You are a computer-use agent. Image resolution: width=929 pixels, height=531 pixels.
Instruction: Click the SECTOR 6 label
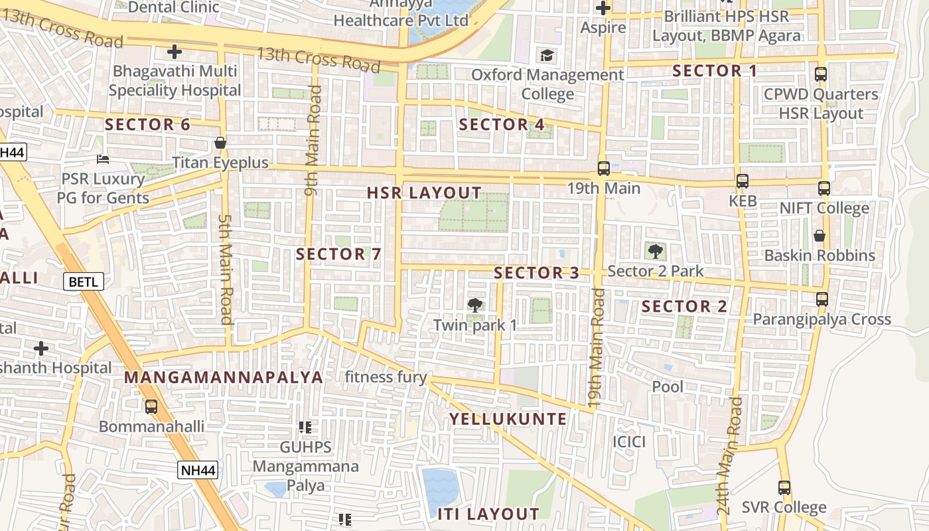(147, 124)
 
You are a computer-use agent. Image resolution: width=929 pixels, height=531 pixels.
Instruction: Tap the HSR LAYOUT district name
(425, 193)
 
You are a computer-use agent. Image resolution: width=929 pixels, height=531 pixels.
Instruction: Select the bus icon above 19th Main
(603, 169)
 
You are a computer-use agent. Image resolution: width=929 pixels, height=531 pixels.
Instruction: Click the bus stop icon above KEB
(743, 181)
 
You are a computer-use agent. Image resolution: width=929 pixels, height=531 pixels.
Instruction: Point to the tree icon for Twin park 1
(474, 305)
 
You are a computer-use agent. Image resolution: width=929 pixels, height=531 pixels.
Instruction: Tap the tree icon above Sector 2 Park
(656, 251)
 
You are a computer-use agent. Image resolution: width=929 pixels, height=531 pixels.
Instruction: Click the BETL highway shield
(84, 281)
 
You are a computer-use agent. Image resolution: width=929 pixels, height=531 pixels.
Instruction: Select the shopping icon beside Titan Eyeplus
(220, 143)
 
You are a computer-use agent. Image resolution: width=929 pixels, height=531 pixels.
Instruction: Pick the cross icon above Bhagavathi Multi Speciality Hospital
(175, 51)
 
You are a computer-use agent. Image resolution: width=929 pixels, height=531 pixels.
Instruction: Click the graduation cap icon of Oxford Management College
(547, 55)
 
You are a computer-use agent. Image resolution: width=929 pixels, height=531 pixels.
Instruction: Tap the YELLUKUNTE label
(508, 419)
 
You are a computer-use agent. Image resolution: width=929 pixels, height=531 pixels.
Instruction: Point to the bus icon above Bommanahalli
(151, 406)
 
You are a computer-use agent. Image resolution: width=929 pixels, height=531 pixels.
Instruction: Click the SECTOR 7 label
(339, 254)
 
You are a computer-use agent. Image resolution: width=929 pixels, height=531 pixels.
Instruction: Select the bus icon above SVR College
(784, 488)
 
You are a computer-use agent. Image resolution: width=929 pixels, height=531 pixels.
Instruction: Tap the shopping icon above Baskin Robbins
(820, 236)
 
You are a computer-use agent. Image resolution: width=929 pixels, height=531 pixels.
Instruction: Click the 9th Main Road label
(313, 141)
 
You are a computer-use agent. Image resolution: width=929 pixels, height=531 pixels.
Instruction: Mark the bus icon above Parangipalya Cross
(822, 299)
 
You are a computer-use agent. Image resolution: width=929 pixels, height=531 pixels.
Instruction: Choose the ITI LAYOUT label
(488, 514)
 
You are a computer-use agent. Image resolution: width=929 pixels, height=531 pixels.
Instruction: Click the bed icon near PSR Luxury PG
(103, 159)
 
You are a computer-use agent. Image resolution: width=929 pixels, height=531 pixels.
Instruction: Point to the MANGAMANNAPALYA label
(224, 378)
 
